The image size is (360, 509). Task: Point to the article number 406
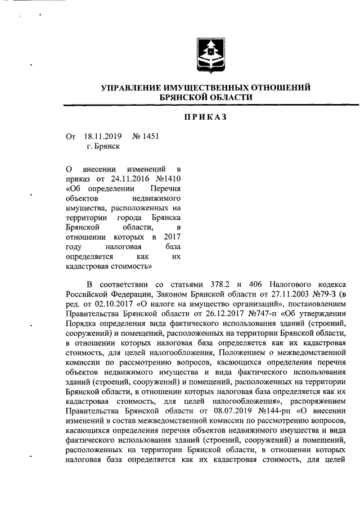pyautogui.click(x=255, y=283)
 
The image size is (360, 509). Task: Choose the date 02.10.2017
pyautogui.click(x=102, y=304)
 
